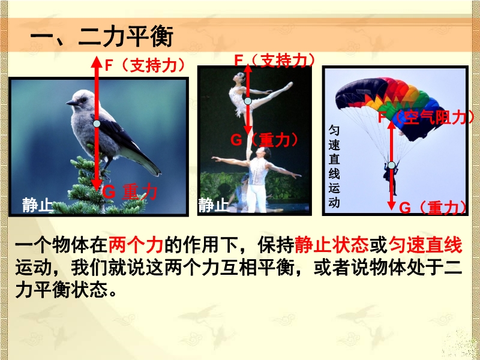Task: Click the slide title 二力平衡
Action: coord(126,36)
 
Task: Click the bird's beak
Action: coord(72,103)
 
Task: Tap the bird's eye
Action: coord(82,100)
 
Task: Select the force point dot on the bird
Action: coord(97,124)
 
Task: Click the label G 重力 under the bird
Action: coord(130,192)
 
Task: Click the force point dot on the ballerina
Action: coord(248,101)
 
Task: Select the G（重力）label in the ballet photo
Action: coord(264,140)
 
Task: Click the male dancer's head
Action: coord(265,152)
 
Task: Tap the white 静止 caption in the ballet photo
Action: coord(213,205)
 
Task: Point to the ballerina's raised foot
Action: coord(289,85)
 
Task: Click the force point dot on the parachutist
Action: coord(392,166)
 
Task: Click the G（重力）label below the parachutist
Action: coord(433,208)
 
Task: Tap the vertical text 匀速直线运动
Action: coord(334,167)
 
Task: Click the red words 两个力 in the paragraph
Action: coord(136,246)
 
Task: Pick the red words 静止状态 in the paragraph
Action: coord(331,246)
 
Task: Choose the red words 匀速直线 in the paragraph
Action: coord(425,246)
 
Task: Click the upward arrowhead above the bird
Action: coord(97,62)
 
